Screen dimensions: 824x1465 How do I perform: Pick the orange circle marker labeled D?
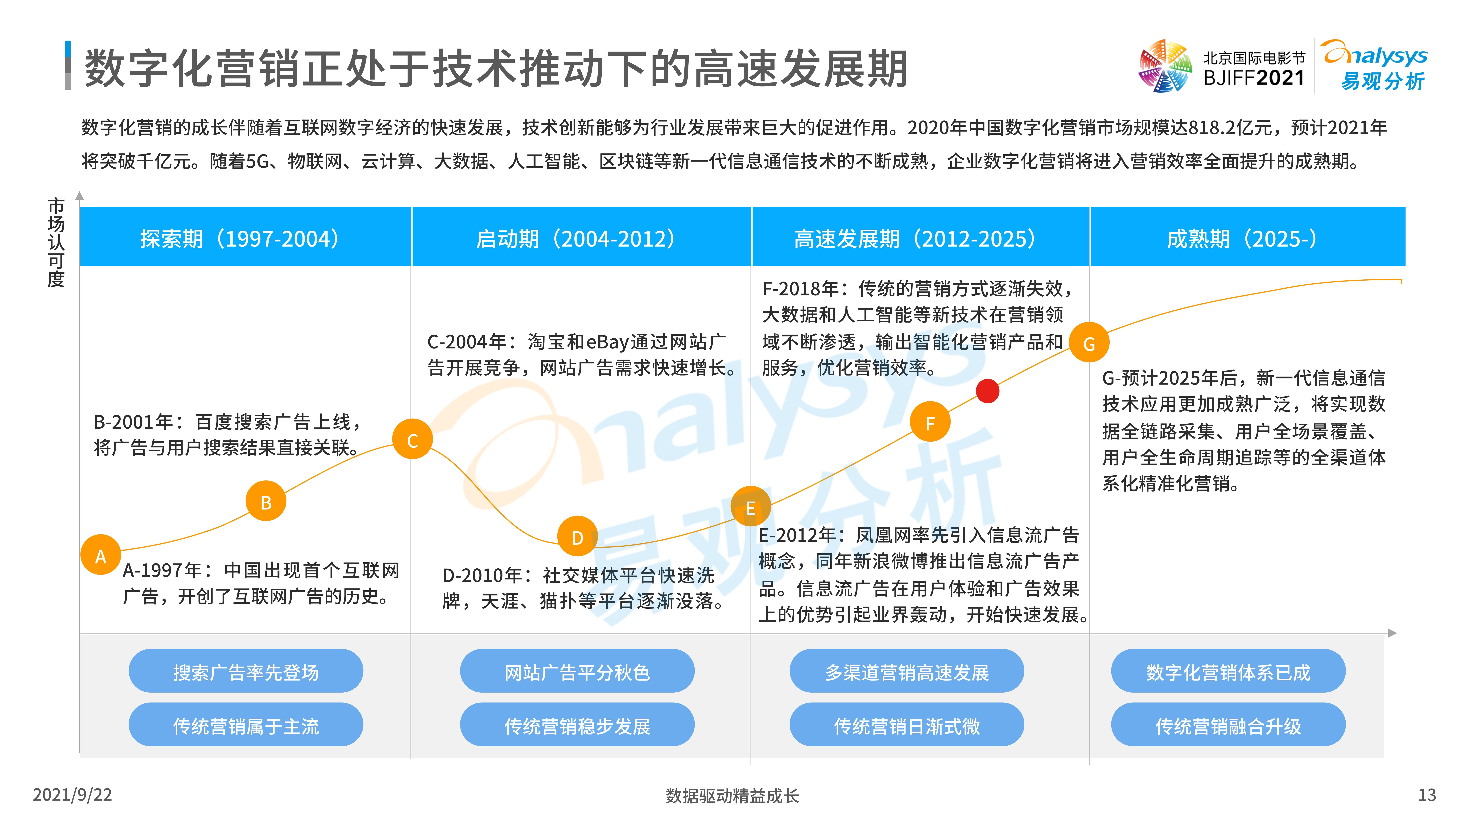[x=577, y=536]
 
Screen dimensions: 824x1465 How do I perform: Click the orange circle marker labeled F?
[x=930, y=422]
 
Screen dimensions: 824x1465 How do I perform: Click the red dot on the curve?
[x=987, y=391]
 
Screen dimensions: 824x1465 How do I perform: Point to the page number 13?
[x=1426, y=794]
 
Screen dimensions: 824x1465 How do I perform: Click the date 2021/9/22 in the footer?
[x=72, y=794]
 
